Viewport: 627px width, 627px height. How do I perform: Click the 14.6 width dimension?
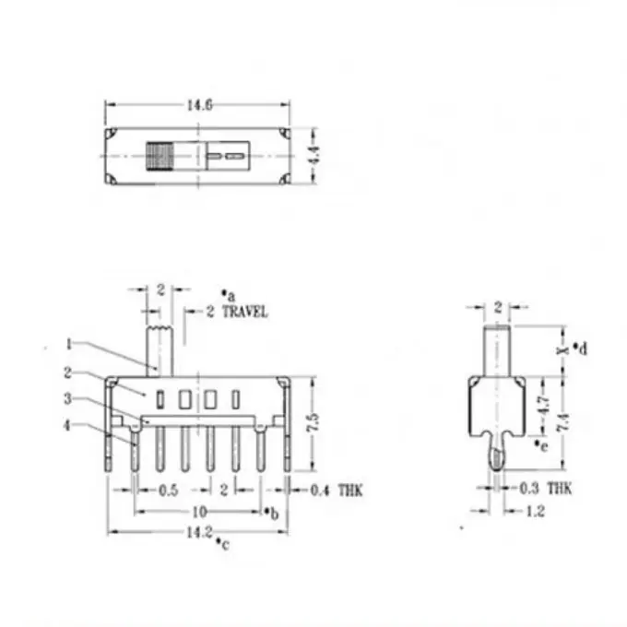click(199, 105)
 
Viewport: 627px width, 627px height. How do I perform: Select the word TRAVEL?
click(244, 312)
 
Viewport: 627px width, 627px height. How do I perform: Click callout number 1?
click(69, 344)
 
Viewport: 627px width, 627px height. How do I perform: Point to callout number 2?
click(67, 373)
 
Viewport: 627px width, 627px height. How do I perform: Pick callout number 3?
click(68, 398)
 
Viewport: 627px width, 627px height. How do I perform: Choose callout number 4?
click(67, 425)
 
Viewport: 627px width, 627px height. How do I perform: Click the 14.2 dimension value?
click(199, 532)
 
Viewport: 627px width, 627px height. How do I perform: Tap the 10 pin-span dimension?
click(199, 512)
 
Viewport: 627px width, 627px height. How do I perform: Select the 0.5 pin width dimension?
click(169, 491)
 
